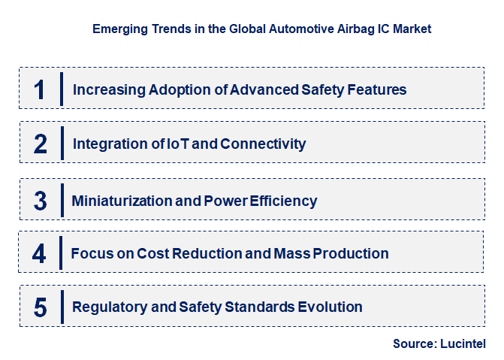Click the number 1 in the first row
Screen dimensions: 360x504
tap(40, 89)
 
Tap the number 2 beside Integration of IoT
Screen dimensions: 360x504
tap(40, 144)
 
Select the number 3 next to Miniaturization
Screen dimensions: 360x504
tap(40, 201)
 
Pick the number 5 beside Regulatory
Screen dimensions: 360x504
tap(40, 307)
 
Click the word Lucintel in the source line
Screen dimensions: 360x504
tap(463, 343)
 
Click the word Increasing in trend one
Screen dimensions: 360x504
tap(109, 89)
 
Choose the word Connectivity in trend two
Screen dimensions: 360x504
tap(263, 144)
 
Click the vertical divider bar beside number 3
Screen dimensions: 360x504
tap(62, 201)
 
